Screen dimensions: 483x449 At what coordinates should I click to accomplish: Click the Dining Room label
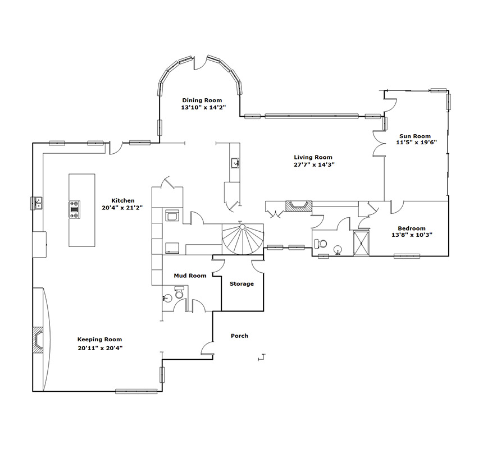point(202,100)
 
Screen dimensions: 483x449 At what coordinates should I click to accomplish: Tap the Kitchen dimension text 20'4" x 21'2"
point(122,208)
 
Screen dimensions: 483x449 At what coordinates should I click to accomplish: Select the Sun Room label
point(415,136)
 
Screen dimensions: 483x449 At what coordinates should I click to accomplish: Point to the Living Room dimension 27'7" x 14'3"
point(314,164)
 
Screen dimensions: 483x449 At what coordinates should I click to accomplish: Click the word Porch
point(239,336)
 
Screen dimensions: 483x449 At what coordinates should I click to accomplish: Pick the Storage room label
point(241,284)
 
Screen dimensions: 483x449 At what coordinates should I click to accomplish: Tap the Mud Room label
point(190,276)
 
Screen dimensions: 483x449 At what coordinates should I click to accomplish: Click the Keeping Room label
point(99,340)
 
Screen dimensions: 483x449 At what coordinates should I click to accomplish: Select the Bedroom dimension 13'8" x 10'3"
point(412,235)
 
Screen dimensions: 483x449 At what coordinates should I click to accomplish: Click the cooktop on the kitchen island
point(75,210)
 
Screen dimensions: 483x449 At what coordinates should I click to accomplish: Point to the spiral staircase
point(243,239)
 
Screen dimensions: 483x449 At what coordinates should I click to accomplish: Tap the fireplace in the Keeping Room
point(38,339)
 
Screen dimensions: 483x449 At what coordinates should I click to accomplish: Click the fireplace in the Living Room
point(298,206)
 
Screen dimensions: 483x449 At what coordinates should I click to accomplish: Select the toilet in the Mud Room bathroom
point(179,292)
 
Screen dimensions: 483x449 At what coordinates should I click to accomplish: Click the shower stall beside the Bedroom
point(361,243)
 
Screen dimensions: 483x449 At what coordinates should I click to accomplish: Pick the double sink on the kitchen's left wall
point(38,203)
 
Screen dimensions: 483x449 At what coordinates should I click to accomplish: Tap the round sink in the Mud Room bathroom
point(167,298)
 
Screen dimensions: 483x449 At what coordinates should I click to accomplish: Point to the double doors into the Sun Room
point(379,144)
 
